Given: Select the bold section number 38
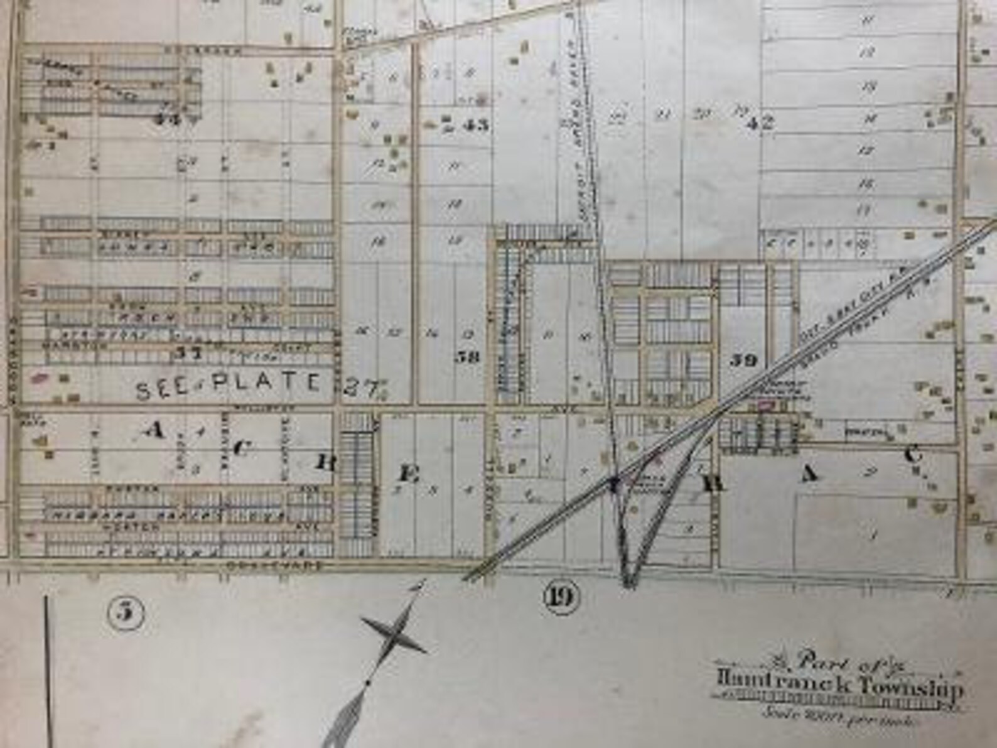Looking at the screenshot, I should tap(468, 357).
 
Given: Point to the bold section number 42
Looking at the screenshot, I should tap(758, 123).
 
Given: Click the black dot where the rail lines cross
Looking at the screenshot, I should tap(615, 482).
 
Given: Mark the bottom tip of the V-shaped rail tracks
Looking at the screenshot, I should tap(627, 584).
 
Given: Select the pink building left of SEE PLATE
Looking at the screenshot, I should tap(41, 377).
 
